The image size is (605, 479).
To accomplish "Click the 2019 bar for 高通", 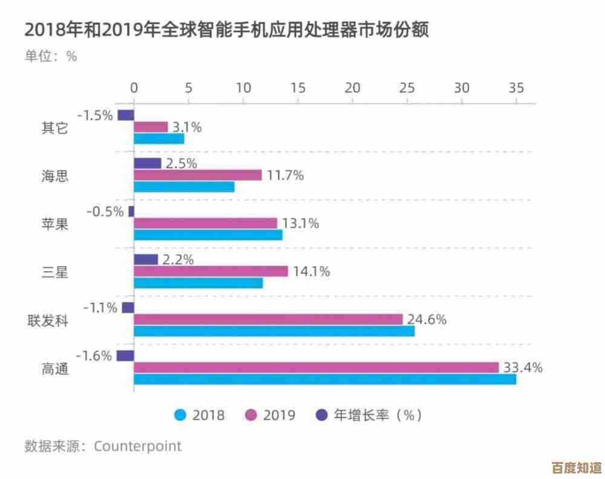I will point(316,367).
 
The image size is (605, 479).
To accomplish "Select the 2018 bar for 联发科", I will point(274,331).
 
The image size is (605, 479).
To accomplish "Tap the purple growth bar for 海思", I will point(148,163).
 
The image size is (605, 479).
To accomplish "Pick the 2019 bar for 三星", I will point(211,272).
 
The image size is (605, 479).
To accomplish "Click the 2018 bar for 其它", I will point(159,138).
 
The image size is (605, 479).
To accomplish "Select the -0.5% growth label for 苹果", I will point(105,212).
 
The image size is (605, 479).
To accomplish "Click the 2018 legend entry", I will point(199,415).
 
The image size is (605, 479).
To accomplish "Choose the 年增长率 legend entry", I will point(368,415).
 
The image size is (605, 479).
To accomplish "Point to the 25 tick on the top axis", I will point(407,88).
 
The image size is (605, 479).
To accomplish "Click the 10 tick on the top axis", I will point(243,88).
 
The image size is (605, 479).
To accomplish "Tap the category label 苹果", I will point(55,224).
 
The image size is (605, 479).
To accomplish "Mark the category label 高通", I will point(55,368).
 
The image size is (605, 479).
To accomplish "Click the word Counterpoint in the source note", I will point(138,446).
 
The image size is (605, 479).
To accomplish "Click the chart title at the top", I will point(226,30).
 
